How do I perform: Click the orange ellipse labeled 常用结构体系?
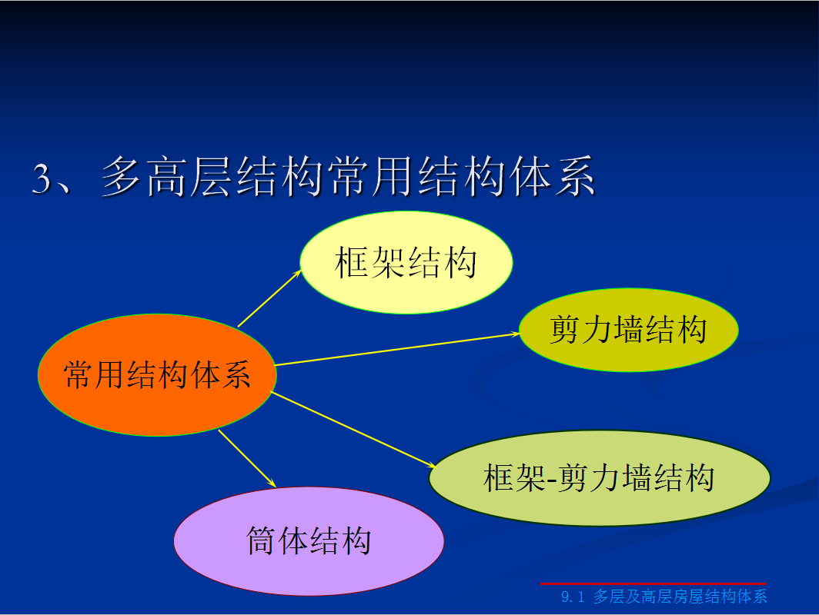click(157, 375)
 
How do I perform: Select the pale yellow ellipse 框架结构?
click(406, 262)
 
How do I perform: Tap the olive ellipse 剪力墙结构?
click(628, 330)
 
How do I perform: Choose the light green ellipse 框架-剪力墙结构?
click(599, 478)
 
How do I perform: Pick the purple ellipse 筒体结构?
click(309, 541)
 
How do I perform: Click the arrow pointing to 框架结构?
click(269, 299)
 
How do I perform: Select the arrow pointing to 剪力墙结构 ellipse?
click(397, 350)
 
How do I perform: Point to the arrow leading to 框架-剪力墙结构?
click(353, 429)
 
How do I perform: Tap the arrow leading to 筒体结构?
click(247, 458)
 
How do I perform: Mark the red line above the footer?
click(653, 583)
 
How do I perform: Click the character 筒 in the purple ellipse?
click(262, 540)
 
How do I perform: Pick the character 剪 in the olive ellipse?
click(565, 330)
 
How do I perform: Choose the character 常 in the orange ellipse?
click(79, 375)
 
